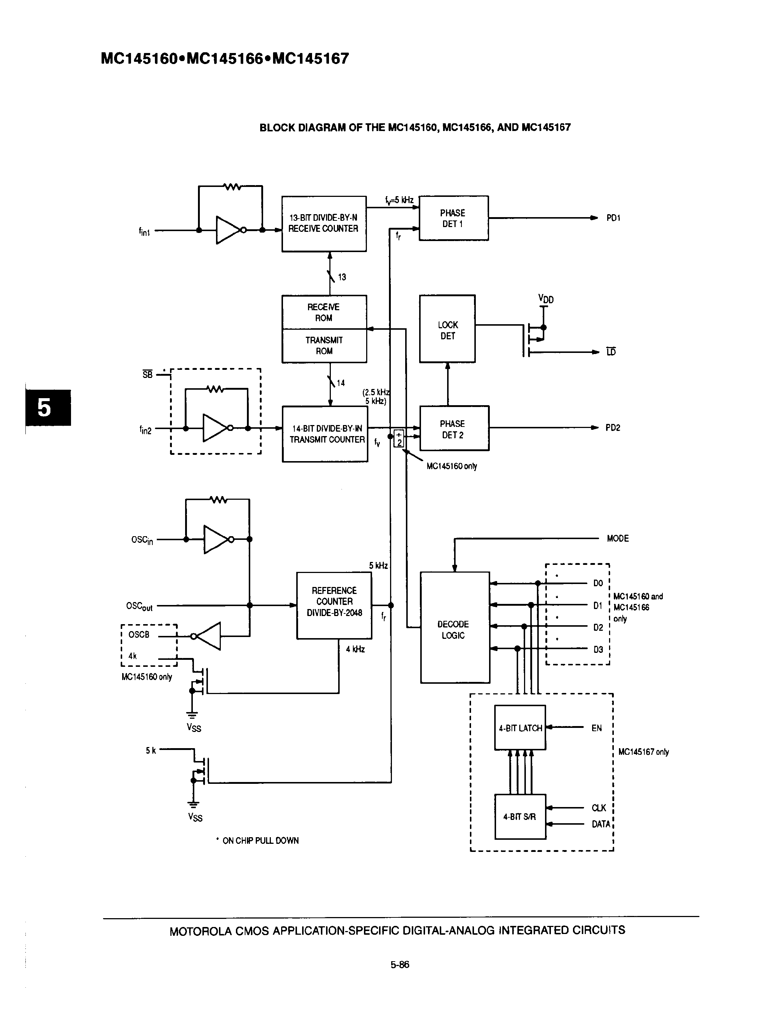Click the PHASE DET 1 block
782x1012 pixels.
453,218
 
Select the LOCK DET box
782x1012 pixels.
447,329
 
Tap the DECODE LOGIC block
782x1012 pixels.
454,628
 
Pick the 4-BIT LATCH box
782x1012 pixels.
520,728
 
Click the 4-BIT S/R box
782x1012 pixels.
520,817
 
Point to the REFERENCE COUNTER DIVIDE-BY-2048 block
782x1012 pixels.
334,605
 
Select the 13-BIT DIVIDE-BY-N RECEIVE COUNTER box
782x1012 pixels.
324,224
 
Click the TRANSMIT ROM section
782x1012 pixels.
324,346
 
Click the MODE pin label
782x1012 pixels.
618,538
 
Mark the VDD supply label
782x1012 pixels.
546,299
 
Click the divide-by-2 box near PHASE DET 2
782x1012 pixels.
399,438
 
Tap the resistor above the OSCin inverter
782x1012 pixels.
218,499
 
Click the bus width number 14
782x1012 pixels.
341,383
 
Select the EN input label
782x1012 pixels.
597,728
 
